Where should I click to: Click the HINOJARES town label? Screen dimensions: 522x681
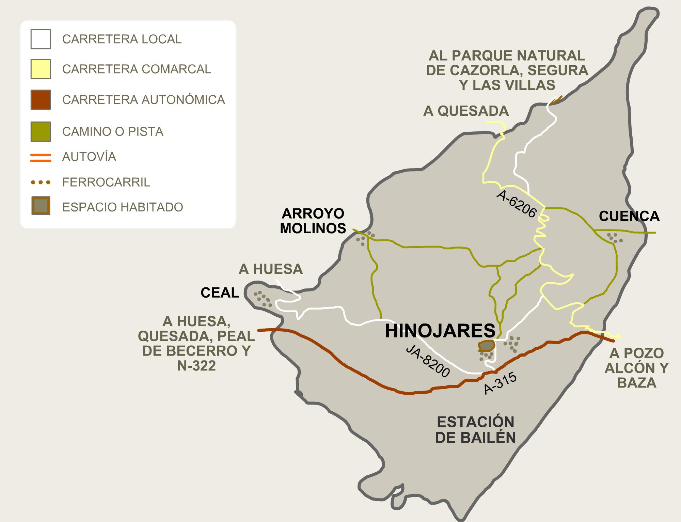(x=440, y=331)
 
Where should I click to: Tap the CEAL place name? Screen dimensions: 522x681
(x=220, y=293)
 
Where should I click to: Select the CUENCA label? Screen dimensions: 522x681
(x=629, y=216)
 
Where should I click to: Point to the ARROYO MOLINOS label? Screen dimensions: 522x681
(x=313, y=221)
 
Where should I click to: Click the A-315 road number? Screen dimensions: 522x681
(x=500, y=383)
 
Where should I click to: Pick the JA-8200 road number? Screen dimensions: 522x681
(x=428, y=362)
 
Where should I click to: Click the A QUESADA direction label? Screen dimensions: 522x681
(x=466, y=111)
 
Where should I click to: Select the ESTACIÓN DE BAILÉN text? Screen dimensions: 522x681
(x=476, y=430)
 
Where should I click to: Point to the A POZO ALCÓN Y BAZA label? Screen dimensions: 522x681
(x=636, y=368)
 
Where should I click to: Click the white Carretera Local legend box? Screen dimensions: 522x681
(x=41, y=39)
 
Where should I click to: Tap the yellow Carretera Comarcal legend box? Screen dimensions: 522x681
(x=41, y=69)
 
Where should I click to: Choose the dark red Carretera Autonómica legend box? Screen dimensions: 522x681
(x=41, y=99)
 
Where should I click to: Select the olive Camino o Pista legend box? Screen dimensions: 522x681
(x=41, y=131)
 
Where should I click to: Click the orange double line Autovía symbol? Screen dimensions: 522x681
(x=41, y=158)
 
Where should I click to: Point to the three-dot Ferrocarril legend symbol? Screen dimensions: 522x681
(x=41, y=183)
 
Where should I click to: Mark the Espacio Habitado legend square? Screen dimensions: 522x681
(x=41, y=206)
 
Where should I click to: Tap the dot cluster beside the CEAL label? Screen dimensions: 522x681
(x=264, y=299)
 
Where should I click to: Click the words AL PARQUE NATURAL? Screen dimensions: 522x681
(x=507, y=56)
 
